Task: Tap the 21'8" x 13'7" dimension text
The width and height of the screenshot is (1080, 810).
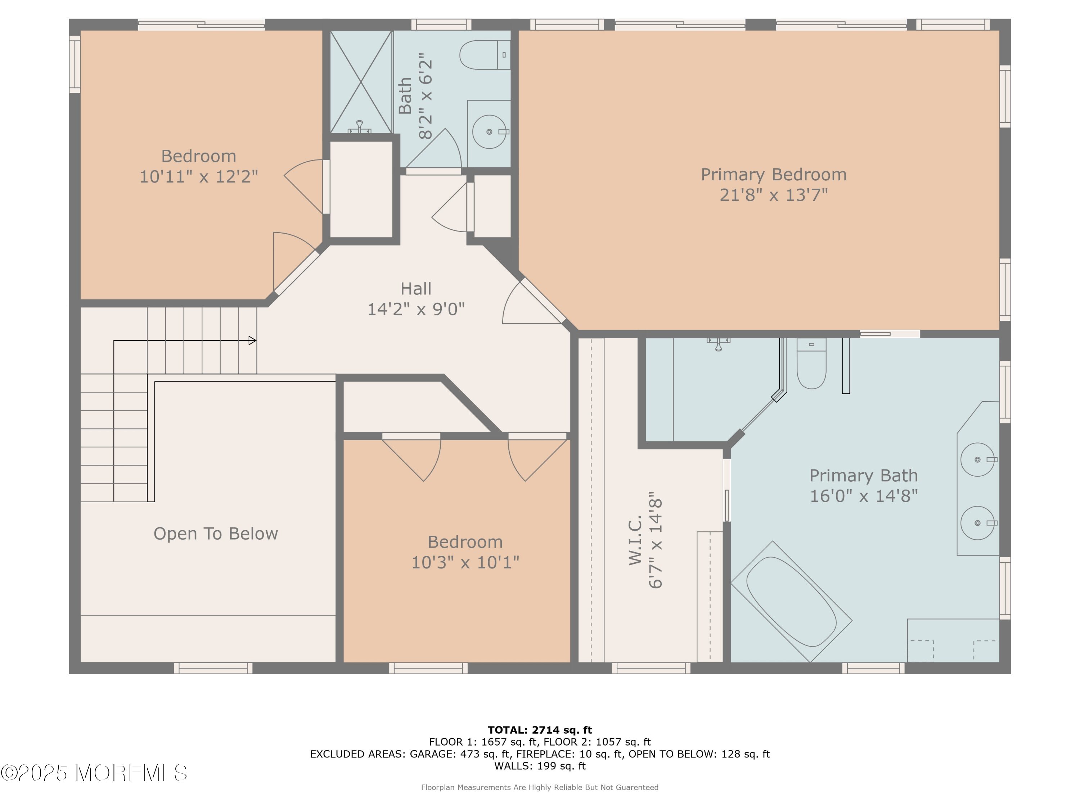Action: coord(773,195)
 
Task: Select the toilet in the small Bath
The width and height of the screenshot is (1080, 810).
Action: coord(485,55)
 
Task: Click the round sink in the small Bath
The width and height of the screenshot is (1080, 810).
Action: coord(489,132)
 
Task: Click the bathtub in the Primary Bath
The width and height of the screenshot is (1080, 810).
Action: coord(791,602)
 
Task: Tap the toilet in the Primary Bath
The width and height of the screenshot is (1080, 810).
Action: coord(811,363)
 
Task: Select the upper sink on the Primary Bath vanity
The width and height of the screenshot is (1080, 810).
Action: coord(977,459)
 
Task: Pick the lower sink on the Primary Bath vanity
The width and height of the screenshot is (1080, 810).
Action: coord(977,523)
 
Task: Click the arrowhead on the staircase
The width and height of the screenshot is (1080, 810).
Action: coord(252,340)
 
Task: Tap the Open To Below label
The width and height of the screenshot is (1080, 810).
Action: coord(216,534)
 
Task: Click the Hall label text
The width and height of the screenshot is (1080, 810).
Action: coord(416,289)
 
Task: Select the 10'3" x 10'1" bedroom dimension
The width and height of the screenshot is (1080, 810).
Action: coord(465,562)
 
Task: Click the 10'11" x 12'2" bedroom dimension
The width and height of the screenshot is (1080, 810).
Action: coord(199,176)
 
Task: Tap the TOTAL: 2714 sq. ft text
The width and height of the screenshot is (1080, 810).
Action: coord(540,730)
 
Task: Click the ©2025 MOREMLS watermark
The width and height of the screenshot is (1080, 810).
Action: coord(94,773)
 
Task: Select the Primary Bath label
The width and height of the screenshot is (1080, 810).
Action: coord(863,476)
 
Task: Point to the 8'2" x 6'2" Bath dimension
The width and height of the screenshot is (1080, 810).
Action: coord(425,96)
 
